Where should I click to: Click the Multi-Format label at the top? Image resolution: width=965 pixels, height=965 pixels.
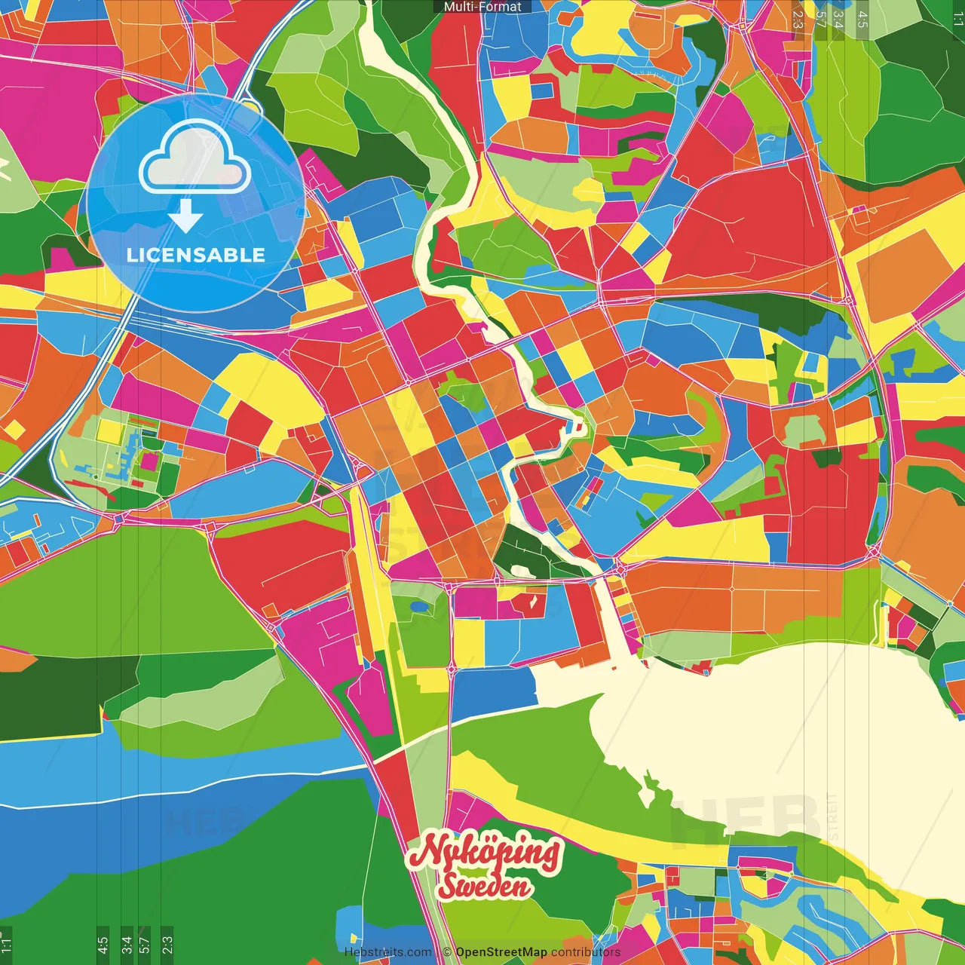482,7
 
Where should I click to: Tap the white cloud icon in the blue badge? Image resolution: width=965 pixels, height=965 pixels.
195,158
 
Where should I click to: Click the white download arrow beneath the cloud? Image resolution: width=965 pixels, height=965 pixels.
185,216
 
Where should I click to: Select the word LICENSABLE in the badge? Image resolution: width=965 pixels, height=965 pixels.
196,255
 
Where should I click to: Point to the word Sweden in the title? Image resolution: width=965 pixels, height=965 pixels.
485,887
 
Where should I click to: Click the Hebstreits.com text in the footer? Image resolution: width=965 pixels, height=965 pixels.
388,952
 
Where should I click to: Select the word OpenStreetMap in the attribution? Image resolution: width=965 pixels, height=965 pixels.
501,952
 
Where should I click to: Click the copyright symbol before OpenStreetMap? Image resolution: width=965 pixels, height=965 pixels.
447,952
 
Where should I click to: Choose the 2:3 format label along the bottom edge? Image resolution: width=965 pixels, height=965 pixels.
167,944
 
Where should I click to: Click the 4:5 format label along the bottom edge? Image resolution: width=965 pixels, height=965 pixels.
103,944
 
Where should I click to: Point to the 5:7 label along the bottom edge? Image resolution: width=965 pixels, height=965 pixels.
145,944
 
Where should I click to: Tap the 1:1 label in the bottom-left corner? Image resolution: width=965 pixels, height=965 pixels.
6,942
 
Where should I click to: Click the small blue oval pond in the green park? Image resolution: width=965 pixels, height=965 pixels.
418,605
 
